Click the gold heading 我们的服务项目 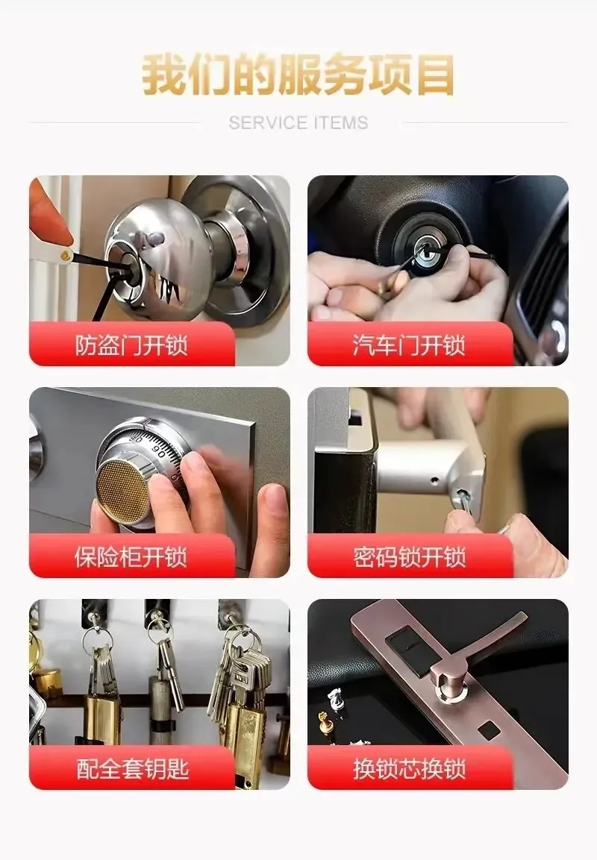(298, 75)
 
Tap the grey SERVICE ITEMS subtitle (298, 123)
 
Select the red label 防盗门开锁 (131, 345)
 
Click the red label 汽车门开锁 (410, 345)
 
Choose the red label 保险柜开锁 (131, 556)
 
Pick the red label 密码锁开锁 (410, 556)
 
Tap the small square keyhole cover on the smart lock (488, 730)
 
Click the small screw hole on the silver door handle (434, 480)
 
